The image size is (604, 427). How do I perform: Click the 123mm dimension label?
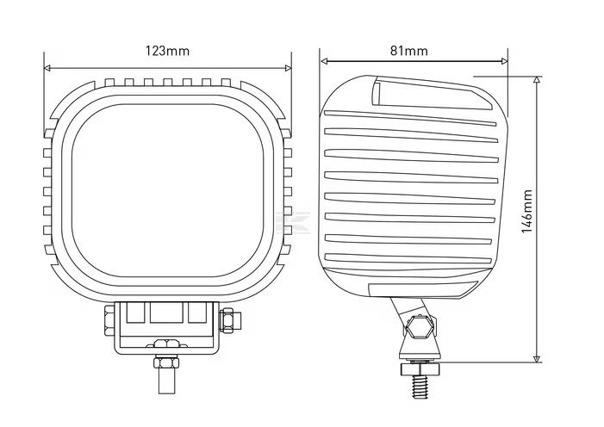pyautogui.click(x=167, y=51)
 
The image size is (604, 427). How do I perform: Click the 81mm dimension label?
pyautogui.click(x=408, y=51)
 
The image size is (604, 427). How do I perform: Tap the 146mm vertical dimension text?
pyautogui.click(x=526, y=212)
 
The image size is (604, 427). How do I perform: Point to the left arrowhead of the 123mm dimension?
pyautogui.click(x=47, y=68)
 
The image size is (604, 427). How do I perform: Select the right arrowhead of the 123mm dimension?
pyautogui.click(x=288, y=68)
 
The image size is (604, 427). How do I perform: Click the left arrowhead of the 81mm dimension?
pyautogui.click(x=324, y=61)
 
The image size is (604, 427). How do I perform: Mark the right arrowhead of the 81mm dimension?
pyautogui.click(x=504, y=61)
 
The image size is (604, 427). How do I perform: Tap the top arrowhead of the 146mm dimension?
pyautogui.click(x=536, y=80)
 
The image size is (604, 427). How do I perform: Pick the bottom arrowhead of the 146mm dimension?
pyautogui.click(x=536, y=359)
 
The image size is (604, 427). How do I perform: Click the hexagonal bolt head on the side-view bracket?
pyautogui.click(x=419, y=327)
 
